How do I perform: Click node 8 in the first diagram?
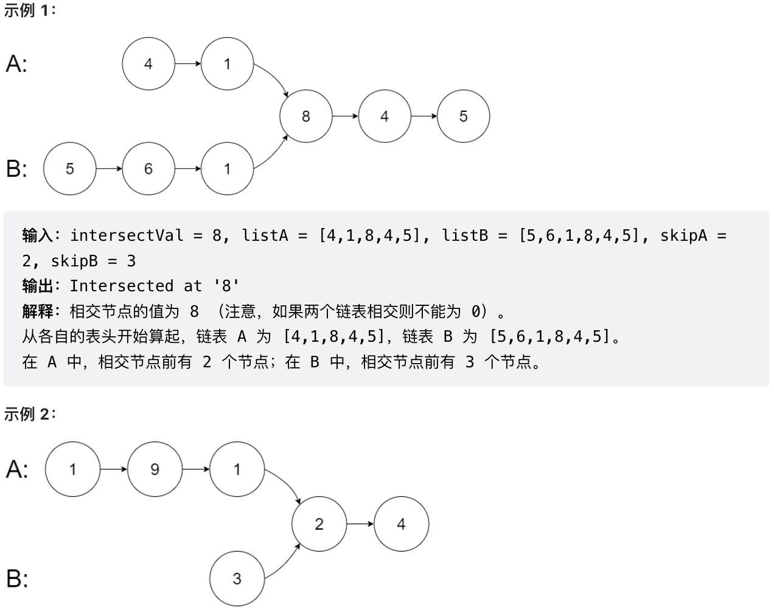305,116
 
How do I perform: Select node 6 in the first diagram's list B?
148,168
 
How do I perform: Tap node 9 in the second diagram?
155,469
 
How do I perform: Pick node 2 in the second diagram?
319,524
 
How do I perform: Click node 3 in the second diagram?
237,578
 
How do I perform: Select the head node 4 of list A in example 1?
148,64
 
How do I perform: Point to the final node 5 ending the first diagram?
463,116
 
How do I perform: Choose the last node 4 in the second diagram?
401,524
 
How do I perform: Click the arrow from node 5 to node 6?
109,168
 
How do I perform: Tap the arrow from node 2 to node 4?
360,524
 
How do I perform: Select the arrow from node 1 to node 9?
114,469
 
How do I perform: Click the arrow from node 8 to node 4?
345,116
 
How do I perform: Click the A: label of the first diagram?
16,64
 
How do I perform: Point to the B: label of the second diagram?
17,578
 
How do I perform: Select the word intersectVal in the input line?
127,235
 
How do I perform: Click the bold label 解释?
38,311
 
